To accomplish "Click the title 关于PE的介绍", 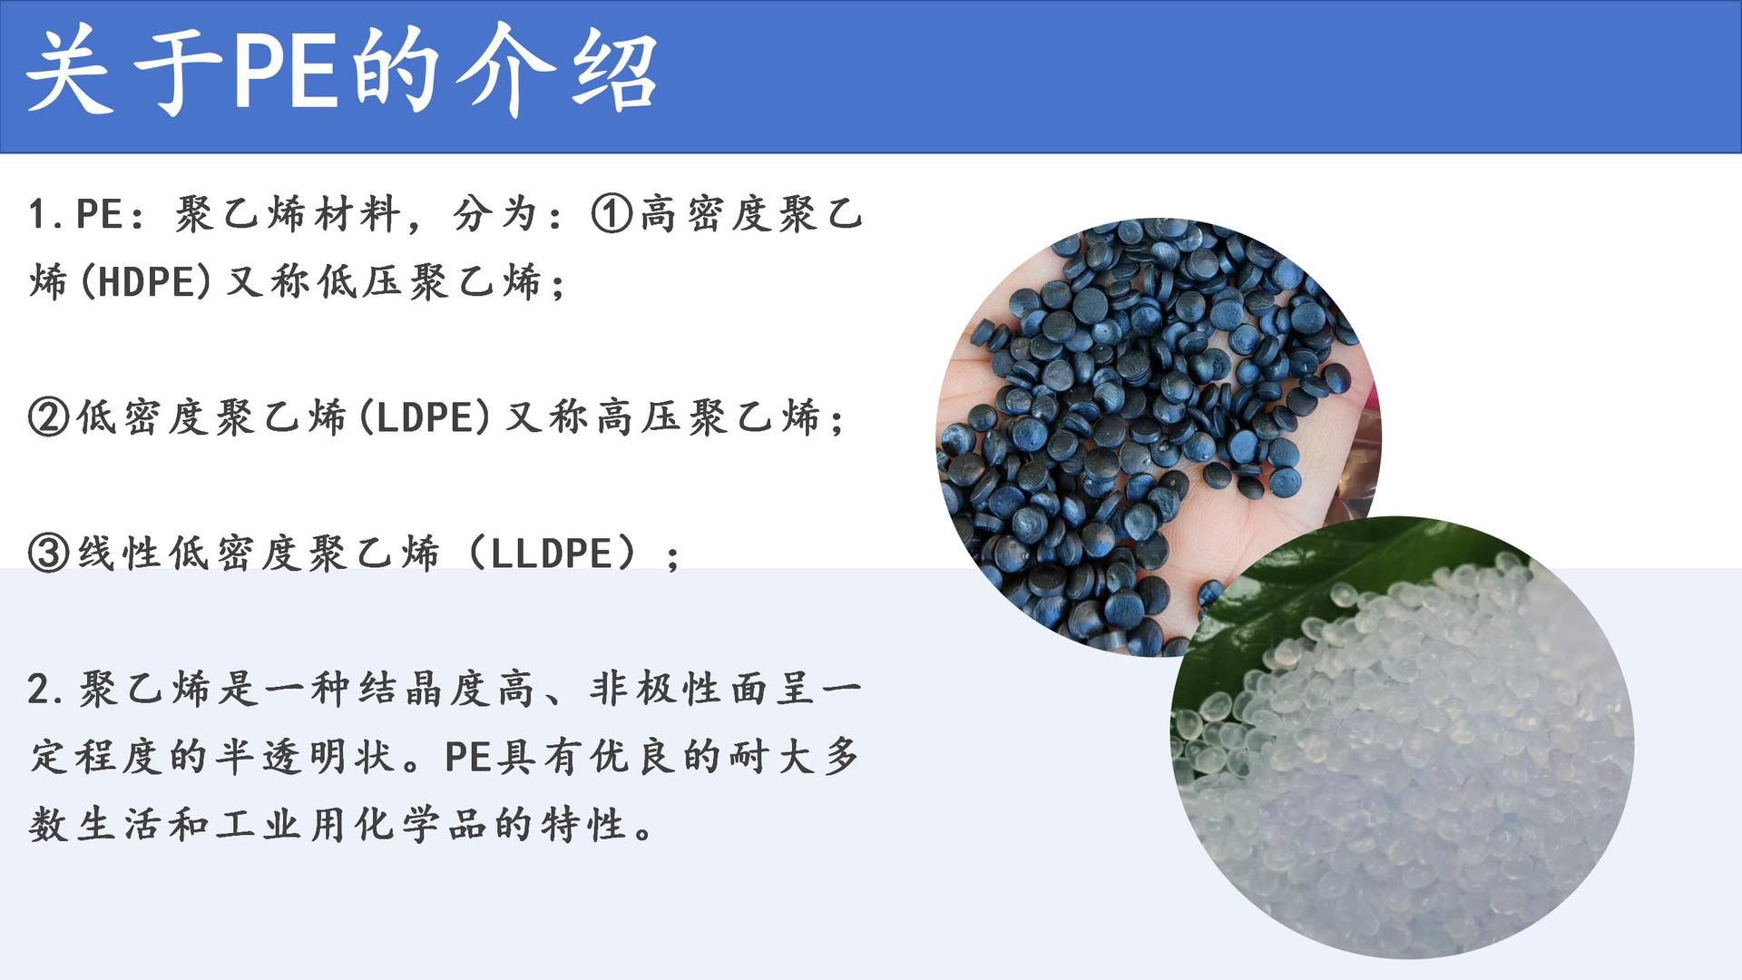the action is click(x=341, y=72).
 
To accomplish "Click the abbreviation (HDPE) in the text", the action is click(x=146, y=282).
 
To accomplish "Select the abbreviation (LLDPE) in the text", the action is click(x=552, y=553).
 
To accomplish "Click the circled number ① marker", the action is click(x=612, y=214).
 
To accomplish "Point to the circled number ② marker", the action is click(x=49, y=417).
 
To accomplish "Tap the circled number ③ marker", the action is click(x=49, y=553).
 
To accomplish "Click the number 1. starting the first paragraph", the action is click(x=46, y=215).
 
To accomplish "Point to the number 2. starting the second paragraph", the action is click(x=46, y=690).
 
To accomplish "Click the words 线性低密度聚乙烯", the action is click(x=259, y=553).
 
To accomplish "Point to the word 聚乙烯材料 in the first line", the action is click(x=288, y=215).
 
